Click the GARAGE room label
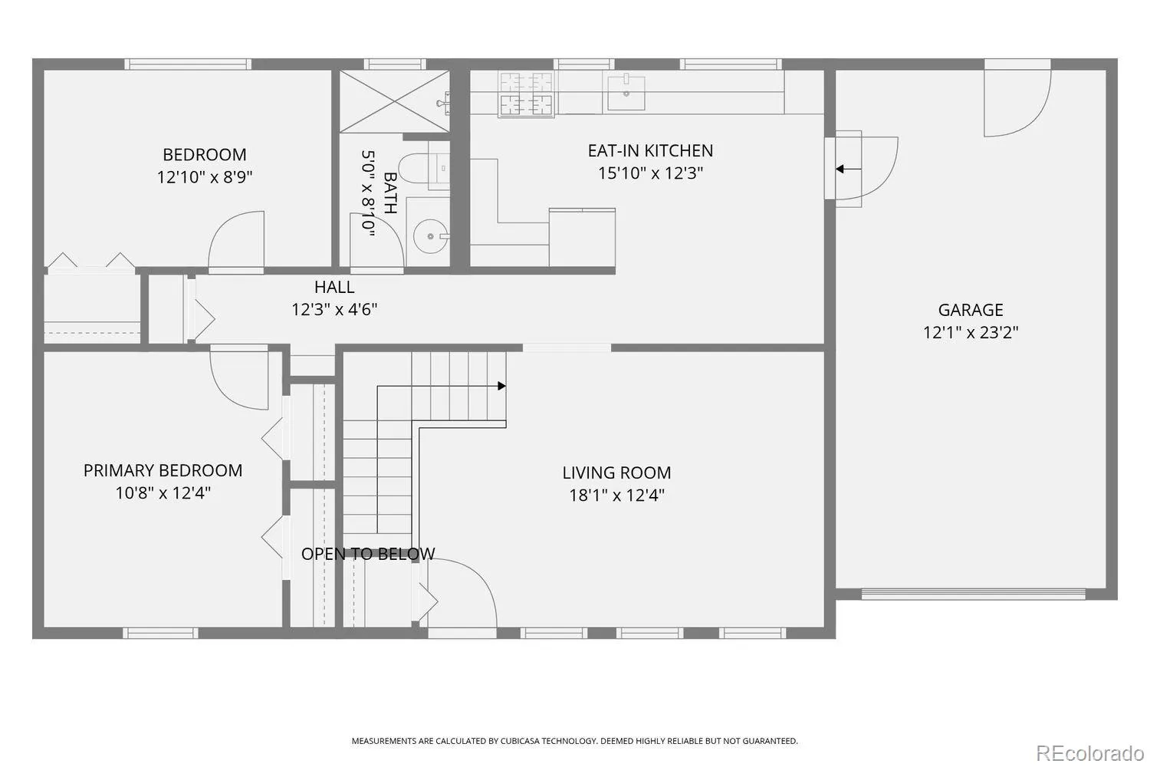pyautogui.click(x=971, y=310)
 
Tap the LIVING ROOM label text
pyautogui.click(x=616, y=472)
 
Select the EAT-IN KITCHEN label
pyautogui.click(x=650, y=150)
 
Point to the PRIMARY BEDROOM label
pyautogui.click(x=163, y=471)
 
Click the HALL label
pyautogui.click(x=334, y=287)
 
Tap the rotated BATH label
pyautogui.click(x=390, y=193)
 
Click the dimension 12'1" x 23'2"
pyautogui.click(x=971, y=332)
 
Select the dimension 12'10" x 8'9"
pyautogui.click(x=205, y=177)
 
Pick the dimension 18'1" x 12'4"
pyautogui.click(x=616, y=495)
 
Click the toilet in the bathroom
pyautogui.click(x=424, y=168)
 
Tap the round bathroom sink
pyautogui.click(x=431, y=236)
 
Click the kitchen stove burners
pyautogui.click(x=526, y=94)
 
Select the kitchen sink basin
pyautogui.click(x=626, y=93)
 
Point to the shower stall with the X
pyautogui.click(x=394, y=102)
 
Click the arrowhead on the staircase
pyautogui.click(x=501, y=386)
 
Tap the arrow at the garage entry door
pyautogui.click(x=848, y=169)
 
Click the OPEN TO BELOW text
pyautogui.click(x=367, y=554)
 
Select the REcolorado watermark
pyautogui.click(x=1090, y=753)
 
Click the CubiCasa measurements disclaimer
pyautogui.click(x=574, y=741)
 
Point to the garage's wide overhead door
pyautogui.click(x=973, y=594)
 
